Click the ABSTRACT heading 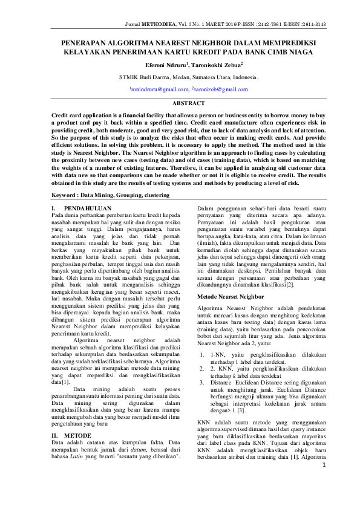click(188, 104)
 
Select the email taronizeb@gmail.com click(221, 89)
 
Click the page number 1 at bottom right click(324, 482)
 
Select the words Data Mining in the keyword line click(105, 195)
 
